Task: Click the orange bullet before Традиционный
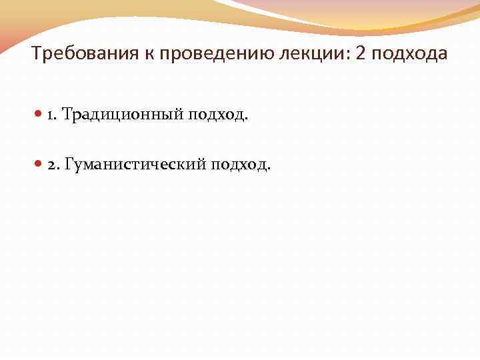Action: point(39,115)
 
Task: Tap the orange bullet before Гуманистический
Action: point(39,164)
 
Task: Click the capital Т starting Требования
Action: point(36,54)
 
